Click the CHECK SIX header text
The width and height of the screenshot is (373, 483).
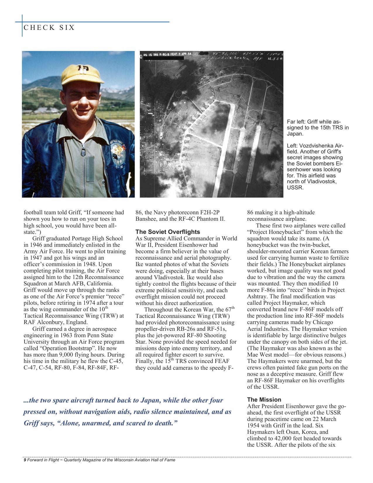pyautogui.click(x=49, y=28)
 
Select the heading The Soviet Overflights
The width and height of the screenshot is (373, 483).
pyautogui.click(x=168, y=232)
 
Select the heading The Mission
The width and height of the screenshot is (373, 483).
pyautogui.click(x=264, y=400)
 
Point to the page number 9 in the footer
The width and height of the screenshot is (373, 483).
pyautogui.click(x=25, y=460)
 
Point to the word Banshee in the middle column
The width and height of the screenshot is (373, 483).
pyautogui.click(x=145, y=219)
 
